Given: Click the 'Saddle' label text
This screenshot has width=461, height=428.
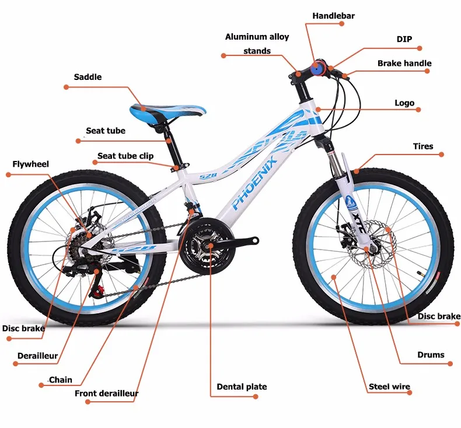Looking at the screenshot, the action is (88, 77).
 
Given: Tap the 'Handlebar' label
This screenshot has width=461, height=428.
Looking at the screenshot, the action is (333, 16).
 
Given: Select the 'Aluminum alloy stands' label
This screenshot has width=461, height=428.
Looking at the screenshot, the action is (257, 44).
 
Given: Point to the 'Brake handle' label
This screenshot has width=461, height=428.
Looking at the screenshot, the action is (404, 63).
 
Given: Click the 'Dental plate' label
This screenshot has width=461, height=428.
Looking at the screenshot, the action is (242, 387).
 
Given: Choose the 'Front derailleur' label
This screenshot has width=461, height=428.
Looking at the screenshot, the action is (106, 393).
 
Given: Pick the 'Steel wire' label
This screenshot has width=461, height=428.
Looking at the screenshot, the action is (389, 386).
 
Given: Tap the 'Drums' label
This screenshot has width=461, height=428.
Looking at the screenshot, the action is (431, 355).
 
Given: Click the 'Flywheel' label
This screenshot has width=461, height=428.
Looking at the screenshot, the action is (30, 164).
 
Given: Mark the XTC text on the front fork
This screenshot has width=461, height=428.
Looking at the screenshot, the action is (357, 225).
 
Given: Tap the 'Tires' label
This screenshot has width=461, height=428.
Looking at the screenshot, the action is (423, 146).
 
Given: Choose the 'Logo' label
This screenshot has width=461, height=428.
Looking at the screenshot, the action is (404, 103).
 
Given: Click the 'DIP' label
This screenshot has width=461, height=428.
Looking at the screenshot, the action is (404, 39).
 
